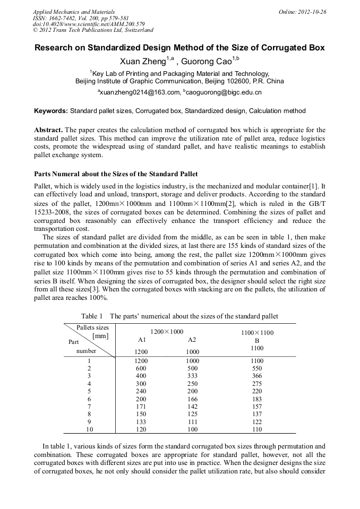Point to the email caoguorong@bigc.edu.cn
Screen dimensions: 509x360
tap(223, 92)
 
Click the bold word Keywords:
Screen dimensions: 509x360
tap(51, 111)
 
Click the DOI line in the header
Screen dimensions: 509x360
tap(74, 24)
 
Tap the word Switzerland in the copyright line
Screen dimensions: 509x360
tap(136, 30)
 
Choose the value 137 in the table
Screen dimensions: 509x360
tap(257, 414)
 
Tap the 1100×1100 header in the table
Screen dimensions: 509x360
tap(257, 333)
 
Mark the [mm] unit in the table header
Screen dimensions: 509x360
tap(100, 336)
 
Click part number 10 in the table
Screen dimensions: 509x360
tap(89, 429)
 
